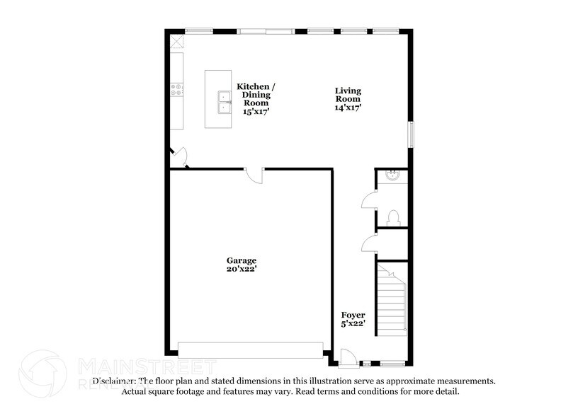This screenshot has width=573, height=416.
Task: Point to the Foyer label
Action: click(353, 315)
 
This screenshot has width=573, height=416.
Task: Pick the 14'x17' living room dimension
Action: click(348, 108)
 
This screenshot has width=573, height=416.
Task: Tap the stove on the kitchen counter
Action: click(176, 90)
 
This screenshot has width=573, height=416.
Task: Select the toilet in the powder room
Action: click(394, 216)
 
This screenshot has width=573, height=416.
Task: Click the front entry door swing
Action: click(347, 358)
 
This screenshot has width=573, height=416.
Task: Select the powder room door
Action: click(370, 200)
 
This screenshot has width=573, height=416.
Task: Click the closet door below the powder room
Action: click(370, 243)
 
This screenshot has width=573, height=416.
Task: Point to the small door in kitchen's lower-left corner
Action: click(180, 157)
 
